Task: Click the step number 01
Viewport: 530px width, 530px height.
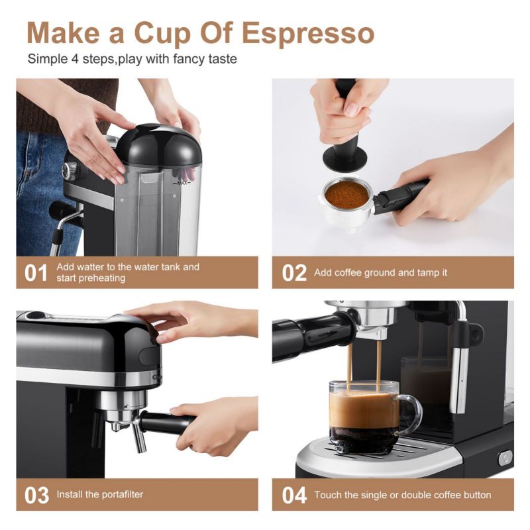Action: (36, 272)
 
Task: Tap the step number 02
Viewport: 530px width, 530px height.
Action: (294, 272)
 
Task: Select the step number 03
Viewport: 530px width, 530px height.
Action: (36, 494)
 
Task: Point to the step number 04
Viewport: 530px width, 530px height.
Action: (294, 494)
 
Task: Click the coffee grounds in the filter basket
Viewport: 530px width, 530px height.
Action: (346, 194)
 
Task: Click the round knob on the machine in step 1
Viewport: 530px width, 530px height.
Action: (69, 170)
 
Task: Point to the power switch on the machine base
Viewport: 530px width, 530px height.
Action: (505, 457)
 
